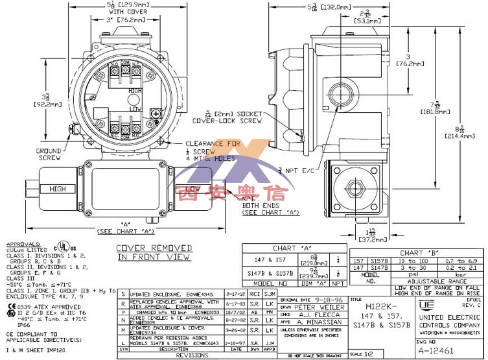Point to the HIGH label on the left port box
(x=58, y=189)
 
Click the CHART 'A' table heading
(x=290, y=248)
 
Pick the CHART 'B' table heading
(x=415, y=253)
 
